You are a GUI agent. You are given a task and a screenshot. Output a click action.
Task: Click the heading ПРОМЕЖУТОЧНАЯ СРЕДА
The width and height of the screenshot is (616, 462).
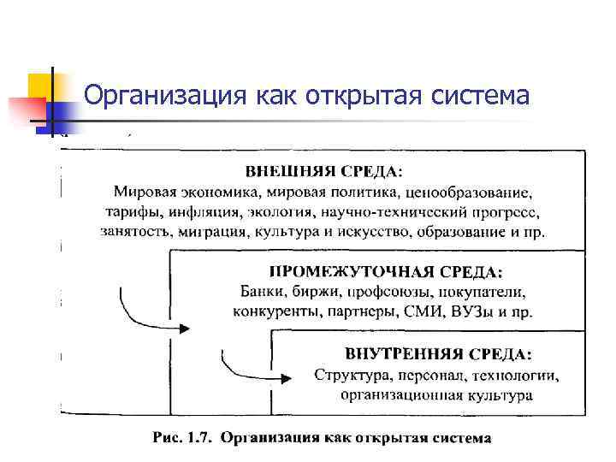(x=386, y=273)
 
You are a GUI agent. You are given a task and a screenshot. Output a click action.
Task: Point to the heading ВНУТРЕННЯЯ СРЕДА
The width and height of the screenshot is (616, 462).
(x=437, y=354)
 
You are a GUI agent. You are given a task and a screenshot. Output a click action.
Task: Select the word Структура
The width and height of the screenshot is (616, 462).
(x=346, y=375)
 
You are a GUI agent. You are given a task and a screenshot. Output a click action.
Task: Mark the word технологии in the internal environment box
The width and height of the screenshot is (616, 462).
(x=515, y=375)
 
